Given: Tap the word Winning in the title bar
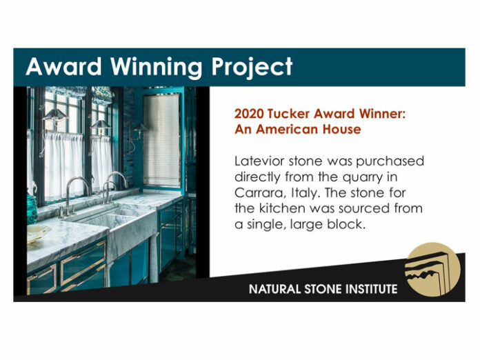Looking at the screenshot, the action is click(x=157, y=68).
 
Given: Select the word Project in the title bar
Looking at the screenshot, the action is click(x=252, y=68).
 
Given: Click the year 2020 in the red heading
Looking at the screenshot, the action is click(x=249, y=114).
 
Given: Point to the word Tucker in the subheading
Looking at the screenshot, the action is click(x=289, y=114).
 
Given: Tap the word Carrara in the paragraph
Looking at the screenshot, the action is click(x=260, y=193).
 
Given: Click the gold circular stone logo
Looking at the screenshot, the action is click(x=433, y=270).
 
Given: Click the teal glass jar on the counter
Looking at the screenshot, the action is click(x=32, y=209).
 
